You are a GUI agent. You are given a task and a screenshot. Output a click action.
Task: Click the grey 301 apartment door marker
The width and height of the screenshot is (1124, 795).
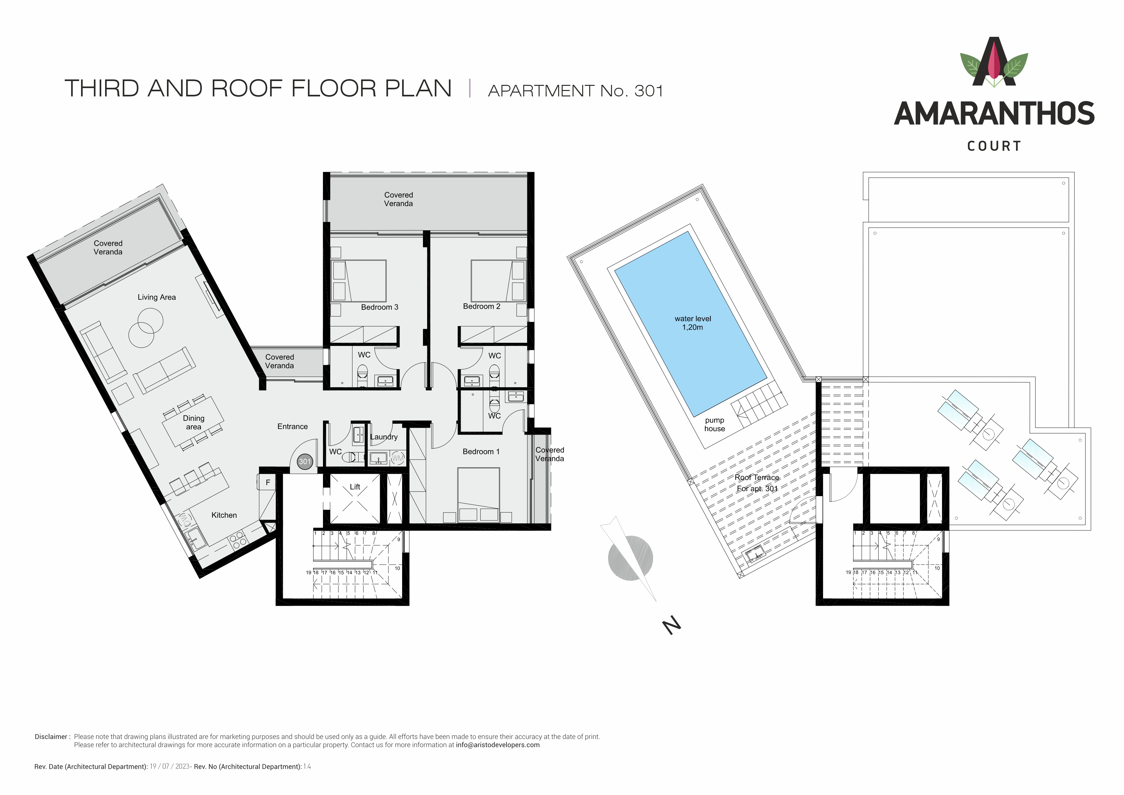[305, 462]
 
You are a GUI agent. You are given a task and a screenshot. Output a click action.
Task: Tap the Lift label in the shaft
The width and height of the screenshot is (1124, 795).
[355, 487]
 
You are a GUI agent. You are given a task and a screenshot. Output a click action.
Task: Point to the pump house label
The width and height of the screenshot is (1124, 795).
[715, 424]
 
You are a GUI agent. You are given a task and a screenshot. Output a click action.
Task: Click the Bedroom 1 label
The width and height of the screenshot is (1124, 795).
[481, 451]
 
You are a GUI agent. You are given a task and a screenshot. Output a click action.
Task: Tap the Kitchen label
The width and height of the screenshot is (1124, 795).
[224, 515]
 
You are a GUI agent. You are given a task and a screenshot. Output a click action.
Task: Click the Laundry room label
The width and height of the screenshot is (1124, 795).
[384, 437]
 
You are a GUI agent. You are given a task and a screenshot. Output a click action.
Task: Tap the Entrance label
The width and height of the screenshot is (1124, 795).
[293, 426]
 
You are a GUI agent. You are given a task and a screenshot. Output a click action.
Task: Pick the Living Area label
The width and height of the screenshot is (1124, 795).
[157, 297]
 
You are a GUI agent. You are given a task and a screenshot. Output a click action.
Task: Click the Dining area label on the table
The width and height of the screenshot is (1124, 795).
[194, 422]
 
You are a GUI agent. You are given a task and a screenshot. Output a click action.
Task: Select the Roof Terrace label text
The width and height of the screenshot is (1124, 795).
[757, 477]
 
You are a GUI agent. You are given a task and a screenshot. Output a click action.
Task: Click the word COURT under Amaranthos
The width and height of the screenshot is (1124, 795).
[994, 146]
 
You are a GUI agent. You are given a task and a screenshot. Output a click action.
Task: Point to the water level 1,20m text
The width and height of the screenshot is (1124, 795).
[693, 323]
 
